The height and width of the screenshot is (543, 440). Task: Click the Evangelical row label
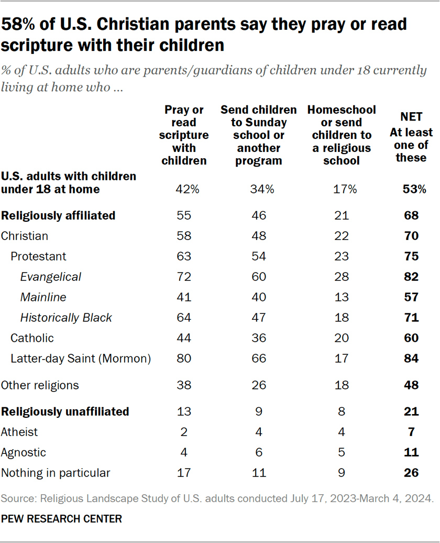(x=51, y=277)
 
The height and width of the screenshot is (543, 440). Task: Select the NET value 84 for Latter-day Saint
(x=411, y=359)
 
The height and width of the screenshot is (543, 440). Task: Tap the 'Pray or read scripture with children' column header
(x=184, y=135)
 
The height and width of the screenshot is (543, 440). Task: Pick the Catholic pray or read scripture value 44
(x=184, y=338)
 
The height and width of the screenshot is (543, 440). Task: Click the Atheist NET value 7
(x=411, y=432)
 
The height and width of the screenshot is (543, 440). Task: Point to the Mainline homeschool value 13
(x=342, y=297)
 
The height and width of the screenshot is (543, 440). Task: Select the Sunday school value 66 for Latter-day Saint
(x=258, y=359)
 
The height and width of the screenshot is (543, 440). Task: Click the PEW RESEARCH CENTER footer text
(x=61, y=519)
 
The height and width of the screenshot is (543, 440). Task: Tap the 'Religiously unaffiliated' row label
(x=65, y=411)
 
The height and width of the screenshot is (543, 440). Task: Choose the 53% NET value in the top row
(x=411, y=189)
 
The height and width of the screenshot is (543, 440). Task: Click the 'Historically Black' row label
(x=66, y=318)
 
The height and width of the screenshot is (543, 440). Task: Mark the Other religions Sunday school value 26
(x=258, y=385)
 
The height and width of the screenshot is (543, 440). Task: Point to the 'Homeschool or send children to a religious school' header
(x=342, y=135)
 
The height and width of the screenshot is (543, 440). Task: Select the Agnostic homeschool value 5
(x=342, y=452)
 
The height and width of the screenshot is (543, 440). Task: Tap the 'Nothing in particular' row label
(x=56, y=473)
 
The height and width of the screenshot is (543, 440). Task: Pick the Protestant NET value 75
(x=411, y=256)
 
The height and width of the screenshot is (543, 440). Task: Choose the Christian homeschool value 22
(x=342, y=236)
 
